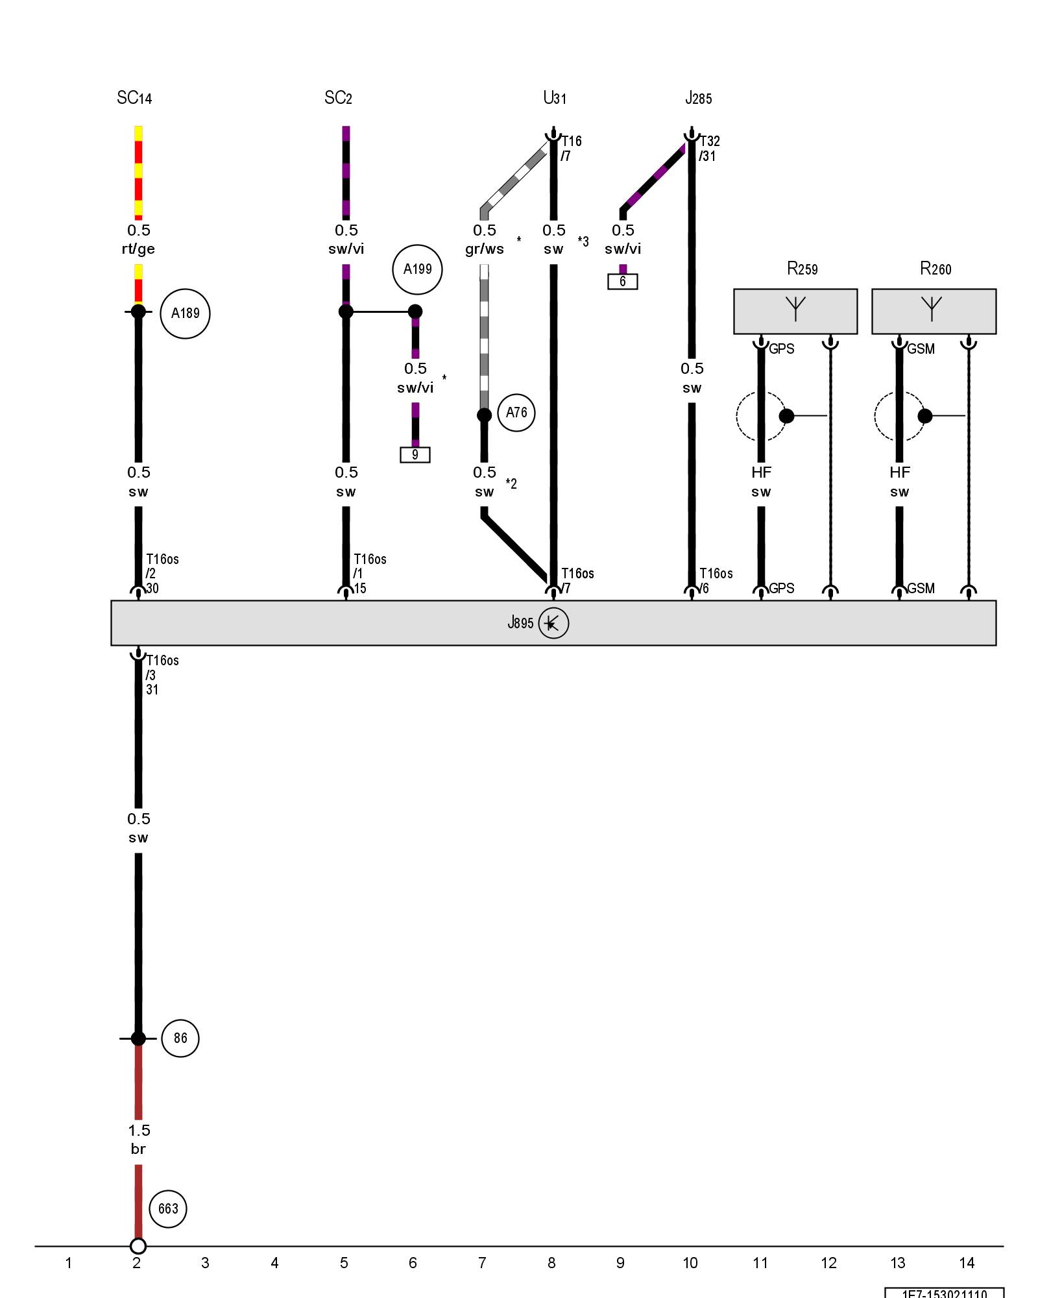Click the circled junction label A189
click(185, 313)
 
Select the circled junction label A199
click(417, 269)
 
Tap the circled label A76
click(516, 413)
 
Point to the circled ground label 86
click(180, 1038)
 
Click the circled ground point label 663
click(168, 1208)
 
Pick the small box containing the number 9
click(415, 455)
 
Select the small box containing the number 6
click(623, 282)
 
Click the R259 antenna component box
click(795, 312)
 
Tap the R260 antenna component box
click(934, 312)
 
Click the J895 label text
click(520, 623)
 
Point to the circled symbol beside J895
click(553, 623)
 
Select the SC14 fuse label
click(134, 98)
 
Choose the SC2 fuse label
click(338, 98)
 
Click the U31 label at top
click(555, 98)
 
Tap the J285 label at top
click(699, 98)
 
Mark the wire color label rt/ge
click(138, 249)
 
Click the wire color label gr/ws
click(485, 249)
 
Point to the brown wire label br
click(138, 1149)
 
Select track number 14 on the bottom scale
click(967, 1263)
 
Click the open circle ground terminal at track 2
click(138, 1246)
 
